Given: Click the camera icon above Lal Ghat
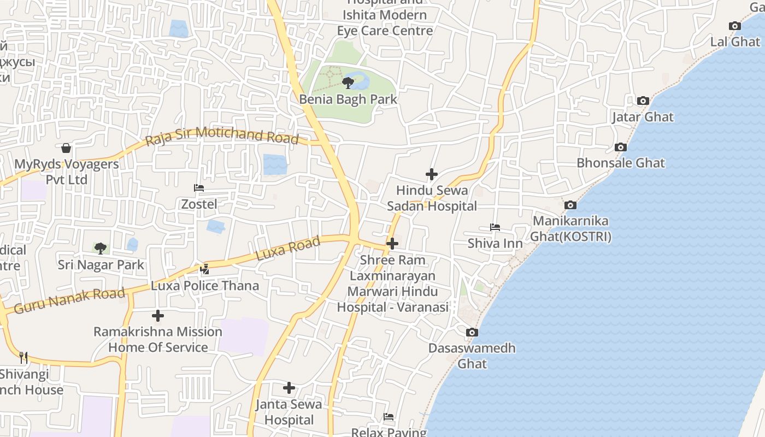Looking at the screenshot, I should [x=735, y=26].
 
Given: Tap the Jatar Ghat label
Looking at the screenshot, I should [x=643, y=117].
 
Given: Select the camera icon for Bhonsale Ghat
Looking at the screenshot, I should [x=620, y=147].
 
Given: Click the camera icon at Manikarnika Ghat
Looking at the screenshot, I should [x=570, y=205].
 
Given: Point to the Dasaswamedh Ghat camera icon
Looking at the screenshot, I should [x=472, y=332].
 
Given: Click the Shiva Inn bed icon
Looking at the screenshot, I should [x=495, y=227].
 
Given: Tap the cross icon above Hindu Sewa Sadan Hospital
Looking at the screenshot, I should [x=432, y=174].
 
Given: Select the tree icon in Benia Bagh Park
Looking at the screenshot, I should [x=348, y=83].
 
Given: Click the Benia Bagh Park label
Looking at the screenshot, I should [x=348, y=99].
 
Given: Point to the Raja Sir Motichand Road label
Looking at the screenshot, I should [x=222, y=135].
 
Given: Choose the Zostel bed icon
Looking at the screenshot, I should [x=199, y=188].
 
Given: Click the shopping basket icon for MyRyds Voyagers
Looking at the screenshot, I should [x=66, y=148].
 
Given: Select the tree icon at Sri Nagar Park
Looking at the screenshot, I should [x=101, y=249].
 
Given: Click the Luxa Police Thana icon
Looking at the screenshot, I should [x=205, y=269].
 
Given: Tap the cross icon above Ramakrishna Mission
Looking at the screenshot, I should [x=158, y=316].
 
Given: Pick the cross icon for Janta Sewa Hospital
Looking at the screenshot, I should [x=289, y=388].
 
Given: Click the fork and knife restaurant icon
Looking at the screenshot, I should [x=23, y=358].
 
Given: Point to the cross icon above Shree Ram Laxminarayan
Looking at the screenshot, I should [x=392, y=244].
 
